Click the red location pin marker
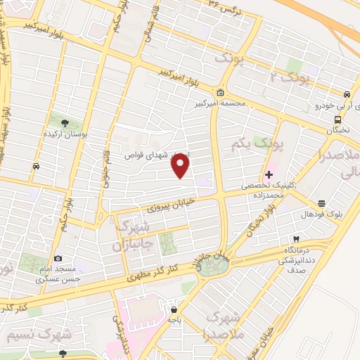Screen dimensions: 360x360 tap(181, 165)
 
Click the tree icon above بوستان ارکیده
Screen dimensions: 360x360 tap(65, 123)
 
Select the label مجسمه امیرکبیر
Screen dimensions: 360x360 tap(220, 103)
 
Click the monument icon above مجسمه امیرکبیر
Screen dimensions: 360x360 tap(221, 92)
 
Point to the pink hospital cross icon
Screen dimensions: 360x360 tap(269, 174)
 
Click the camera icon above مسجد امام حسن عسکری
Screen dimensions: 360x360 tap(58, 259)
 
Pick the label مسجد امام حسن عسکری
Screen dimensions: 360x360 tap(58, 274)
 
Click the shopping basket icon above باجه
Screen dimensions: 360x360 tap(174, 309)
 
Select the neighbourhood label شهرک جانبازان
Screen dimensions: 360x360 tap(129, 236)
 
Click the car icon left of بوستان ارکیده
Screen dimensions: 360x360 tap(35, 167)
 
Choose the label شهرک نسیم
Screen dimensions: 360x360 tap(33, 333)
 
